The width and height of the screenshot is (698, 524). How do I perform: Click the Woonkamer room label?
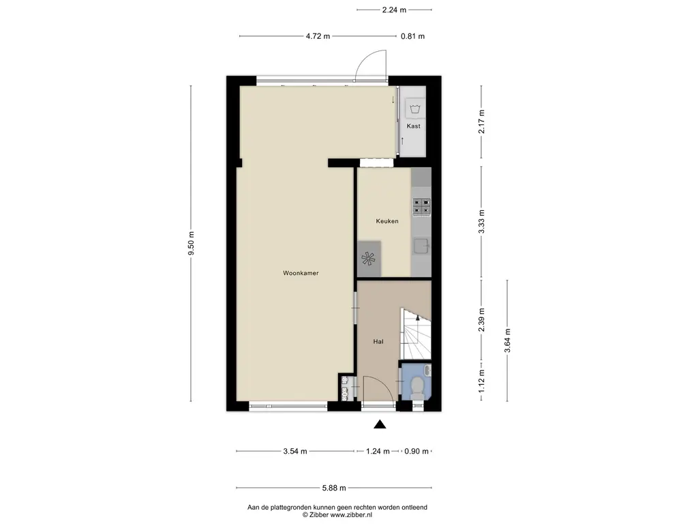point(301,273)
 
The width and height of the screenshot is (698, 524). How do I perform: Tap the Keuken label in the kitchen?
point(387,221)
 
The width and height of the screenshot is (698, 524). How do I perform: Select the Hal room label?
point(378,342)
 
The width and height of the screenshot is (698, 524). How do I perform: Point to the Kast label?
point(414,126)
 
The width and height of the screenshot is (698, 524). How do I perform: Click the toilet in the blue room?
point(418,388)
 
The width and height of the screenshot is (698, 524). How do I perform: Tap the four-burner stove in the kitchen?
point(421,207)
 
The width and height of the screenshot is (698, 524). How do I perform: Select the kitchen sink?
point(421,246)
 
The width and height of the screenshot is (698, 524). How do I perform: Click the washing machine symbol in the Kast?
point(415,108)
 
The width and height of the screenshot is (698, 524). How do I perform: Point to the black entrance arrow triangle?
point(380,424)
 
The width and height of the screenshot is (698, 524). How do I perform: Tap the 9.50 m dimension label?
point(192,244)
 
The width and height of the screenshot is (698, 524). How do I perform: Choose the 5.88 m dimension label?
point(334,488)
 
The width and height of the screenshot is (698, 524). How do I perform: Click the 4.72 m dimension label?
point(318,37)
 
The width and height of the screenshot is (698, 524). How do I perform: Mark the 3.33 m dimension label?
point(481,222)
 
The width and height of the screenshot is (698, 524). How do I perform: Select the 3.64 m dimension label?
point(507,340)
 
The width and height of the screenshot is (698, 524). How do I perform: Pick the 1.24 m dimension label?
point(378,452)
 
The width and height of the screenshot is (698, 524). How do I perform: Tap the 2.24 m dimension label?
point(394,10)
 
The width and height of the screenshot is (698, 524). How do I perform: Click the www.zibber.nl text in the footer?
point(351,514)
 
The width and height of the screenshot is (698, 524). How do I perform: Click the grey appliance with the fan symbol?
point(369,259)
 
